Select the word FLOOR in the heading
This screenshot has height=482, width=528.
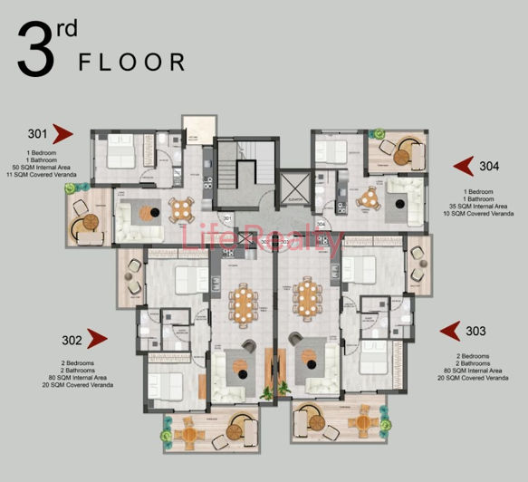click(131, 62)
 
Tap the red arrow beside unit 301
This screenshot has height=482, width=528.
click(62, 135)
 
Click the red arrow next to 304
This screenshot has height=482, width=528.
click(464, 165)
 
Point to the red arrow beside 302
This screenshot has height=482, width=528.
click(97, 340)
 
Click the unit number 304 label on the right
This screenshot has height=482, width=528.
click(488, 166)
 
